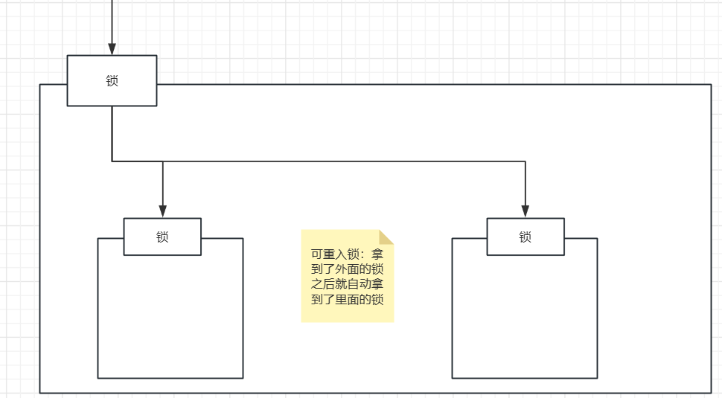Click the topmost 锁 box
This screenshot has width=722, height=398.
(112, 80)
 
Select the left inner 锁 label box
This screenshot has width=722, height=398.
(162, 237)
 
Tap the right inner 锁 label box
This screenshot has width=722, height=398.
(525, 237)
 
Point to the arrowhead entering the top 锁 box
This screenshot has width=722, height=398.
(112, 48)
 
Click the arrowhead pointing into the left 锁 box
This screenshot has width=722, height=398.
(162, 211)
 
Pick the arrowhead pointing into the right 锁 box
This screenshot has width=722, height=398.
(525, 211)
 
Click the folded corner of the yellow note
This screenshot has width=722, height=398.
(386, 237)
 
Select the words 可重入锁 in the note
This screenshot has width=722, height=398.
(336, 254)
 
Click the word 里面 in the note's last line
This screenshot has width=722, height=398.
(347, 299)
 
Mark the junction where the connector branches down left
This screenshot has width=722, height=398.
(162, 161)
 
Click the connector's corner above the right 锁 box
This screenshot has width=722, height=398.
(525, 161)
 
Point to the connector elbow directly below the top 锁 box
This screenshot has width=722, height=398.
(112, 161)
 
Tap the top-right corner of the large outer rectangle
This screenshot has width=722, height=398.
(711, 85)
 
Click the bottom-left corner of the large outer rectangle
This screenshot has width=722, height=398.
(40, 392)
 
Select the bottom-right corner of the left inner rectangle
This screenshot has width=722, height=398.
(243, 378)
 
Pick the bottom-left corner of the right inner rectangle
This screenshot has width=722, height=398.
(453, 378)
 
